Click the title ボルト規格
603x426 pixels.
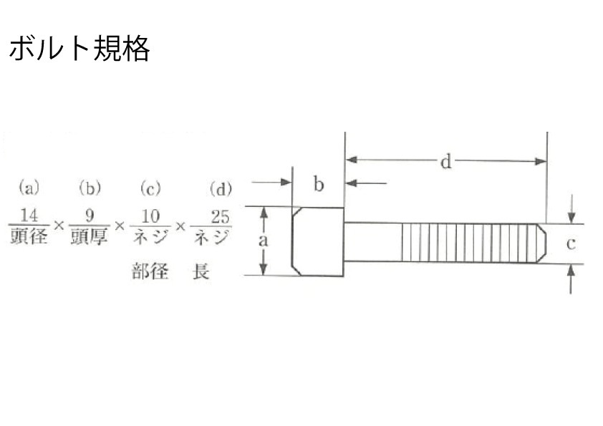pyautogui.click(x=79, y=49)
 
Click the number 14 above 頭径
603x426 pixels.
pyautogui.click(x=29, y=216)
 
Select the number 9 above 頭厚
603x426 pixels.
pyautogui.click(x=90, y=216)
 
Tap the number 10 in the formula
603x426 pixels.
pyautogui.click(x=150, y=217)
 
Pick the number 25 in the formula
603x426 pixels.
pyautogui.click(x=220, y=217)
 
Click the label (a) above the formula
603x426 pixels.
pyautogui.click(x=29, y=188)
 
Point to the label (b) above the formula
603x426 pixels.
pyautogui.click(x=90, y=188)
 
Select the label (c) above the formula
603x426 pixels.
pyautogui.click(x=150, y=189)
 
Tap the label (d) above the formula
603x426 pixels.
pyautogui.click(x=221, y=189)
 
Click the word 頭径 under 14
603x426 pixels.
pyautogui.click(x=29, y=236)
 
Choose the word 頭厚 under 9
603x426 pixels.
pyautogui.click(x=89, y=236)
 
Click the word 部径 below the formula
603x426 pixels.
pyautogui.click(x=150, y=271)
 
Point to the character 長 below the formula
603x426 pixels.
pyautogui.click(x=201, y=271)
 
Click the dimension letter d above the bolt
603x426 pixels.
pyautogui.click(x=445, y=162)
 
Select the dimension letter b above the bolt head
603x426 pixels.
pyautogui.click(x=319, y=184)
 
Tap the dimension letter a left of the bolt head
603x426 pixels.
pyautogui.click(x=263, y=241)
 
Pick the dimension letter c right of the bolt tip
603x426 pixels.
pyautogui.click(x=571, y=243)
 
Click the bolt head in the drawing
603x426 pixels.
pyautogui.click(x=318, y=241)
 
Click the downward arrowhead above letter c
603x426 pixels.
pyautogui.click(x=572, y=218)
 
